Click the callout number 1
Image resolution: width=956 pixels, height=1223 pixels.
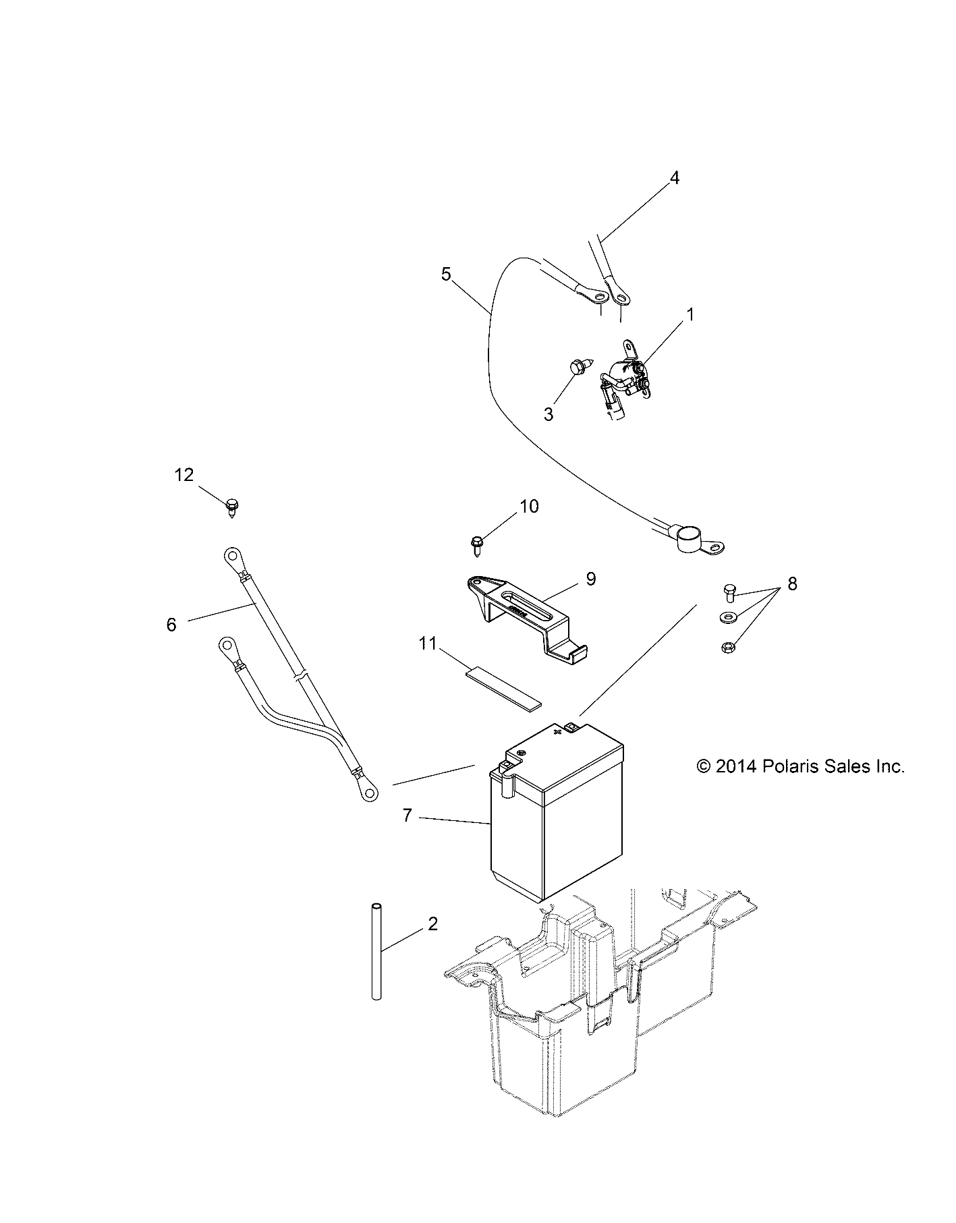pyautogui.click(x=690, y=315)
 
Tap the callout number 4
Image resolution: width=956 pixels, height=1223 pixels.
pyautogui.click(x=674, y=178)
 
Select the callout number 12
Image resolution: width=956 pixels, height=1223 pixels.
pyautogui.click(x=184, y=475)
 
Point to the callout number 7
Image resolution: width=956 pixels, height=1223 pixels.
pyautogui.click(x=407, y=816)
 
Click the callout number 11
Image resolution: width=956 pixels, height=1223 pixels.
pyautogui.click(x=428, y=644)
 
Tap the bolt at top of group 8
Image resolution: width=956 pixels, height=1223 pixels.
pyautogui.click(x=727, y=592)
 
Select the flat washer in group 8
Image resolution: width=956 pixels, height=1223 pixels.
pyautogui.click(x=728, y=617)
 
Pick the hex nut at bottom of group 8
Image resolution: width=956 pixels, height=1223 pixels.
pyautogui.click(x=729, y=646)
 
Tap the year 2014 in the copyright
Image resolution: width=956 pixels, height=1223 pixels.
pyautogui.click(x=737, y=766)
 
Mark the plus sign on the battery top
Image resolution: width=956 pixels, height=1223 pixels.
pyautogui.click(x=557, y=731)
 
